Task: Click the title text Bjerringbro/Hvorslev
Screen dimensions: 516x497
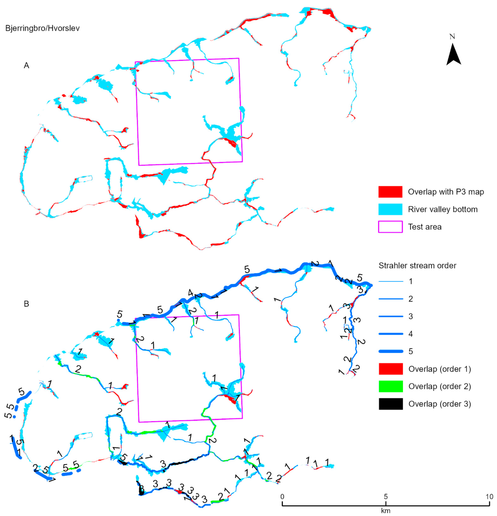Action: point(42,28)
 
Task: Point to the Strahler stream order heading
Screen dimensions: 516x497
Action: point(417,266)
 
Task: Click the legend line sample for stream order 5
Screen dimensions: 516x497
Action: point(391,351)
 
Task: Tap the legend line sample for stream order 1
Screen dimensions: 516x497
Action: point(391,281)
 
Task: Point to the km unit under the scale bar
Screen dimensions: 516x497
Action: point(386,511)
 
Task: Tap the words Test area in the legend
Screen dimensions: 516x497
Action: point(425,227)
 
